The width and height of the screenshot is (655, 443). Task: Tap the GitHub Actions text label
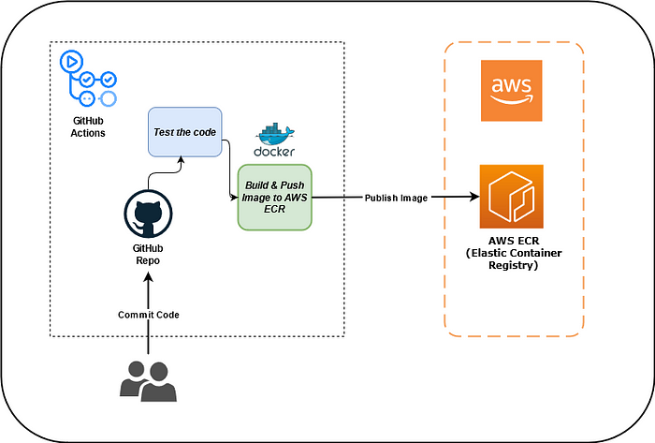pyautogui.click(x=89, y=127)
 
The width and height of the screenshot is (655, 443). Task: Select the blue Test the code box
pyautogui.click(x=184, y=131)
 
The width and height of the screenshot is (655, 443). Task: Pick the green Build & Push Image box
pyautogui.click(x=274, y=198)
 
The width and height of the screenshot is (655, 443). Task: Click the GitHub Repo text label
pyautogui.click(x=148, y=255)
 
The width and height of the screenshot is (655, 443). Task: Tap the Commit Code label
pyautogui.click(x=148, y=314)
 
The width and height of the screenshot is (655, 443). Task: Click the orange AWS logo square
pyautogui.click(x=510, y=90)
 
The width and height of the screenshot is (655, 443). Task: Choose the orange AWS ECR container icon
pyautogui.click(x=510, y=197)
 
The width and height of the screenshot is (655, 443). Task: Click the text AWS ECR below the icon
pyautogui.click(x=510, y=243)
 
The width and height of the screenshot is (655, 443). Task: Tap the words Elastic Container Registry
pyautogui.click(x=510, y=259)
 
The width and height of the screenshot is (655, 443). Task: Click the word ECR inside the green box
pyautogui.click(x=274, y=210)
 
